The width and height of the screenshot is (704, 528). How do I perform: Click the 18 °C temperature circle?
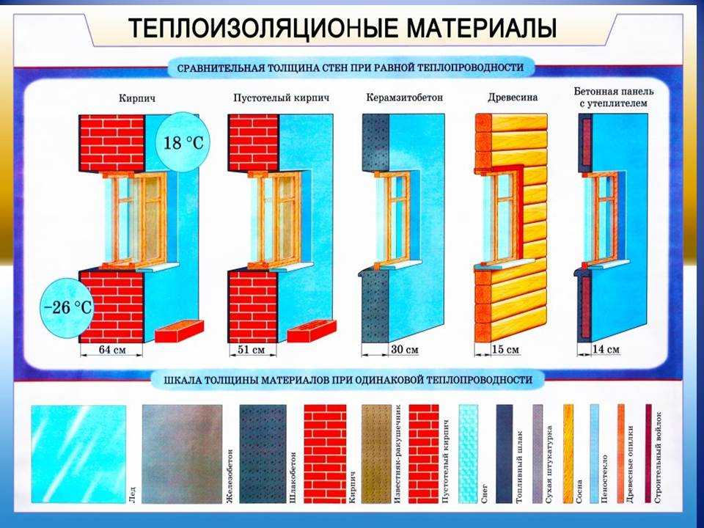click(x=183, y=143)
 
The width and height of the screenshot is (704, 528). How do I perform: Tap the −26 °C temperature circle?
click(x=67, y=308)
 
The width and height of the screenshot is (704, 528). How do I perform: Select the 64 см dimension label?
click(x=111, y=350)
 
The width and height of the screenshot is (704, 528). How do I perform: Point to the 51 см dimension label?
click(x=251, y=349)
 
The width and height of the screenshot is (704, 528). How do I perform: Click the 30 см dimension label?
click(x=404, y=349)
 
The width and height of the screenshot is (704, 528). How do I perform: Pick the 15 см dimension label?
click(x=505, y=349)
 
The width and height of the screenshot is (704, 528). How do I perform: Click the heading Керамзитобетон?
click(x=404, y=98)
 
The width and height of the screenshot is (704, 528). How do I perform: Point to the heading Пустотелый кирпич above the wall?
click(x=281, y=98)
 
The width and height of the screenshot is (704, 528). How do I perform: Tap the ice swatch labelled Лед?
click(x=78, y=454)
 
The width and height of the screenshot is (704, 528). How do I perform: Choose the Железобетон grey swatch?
click(x=182, y=454)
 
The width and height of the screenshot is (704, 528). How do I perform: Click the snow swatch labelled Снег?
click(x=469, y=454)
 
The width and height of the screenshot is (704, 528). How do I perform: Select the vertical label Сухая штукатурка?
click(x=549, y=463)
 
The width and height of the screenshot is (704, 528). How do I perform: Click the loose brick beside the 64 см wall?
click(x=179, y=331)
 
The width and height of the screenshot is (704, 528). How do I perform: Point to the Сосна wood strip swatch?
click(x=568, y=454)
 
